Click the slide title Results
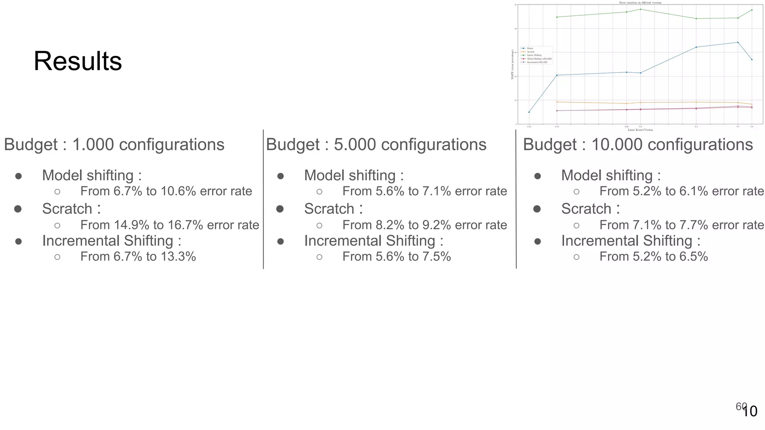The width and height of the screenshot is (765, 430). point(78,61)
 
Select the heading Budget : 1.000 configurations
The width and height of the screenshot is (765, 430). point(114,145)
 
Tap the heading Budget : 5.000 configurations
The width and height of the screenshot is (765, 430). point(376,145)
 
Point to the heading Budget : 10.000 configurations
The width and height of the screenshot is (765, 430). point(638,145)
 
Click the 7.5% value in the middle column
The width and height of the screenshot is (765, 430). point(437,257)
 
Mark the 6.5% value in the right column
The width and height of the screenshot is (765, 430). point(694,257)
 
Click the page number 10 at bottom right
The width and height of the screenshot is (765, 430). point(750,412)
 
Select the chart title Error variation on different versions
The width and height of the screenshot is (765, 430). point(640,3)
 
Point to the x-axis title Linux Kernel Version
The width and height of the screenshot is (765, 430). point(640,130)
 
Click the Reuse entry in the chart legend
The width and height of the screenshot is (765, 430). point(530,49)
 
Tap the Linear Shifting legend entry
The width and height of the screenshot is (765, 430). point(534,55)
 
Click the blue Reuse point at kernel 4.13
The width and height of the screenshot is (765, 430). point(529,112)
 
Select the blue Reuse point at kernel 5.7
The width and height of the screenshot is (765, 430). point(738,42)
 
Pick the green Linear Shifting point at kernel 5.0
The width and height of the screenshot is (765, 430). point(641,9)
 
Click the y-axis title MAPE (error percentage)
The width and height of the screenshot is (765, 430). point(512,64)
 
